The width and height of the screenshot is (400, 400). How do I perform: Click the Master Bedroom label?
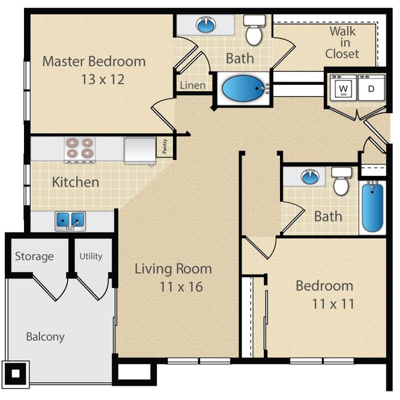[94, 62]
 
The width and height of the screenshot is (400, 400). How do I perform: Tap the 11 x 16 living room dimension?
[173, 287]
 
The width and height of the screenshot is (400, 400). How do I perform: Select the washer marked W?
[343, 88]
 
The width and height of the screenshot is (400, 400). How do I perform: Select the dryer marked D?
[372, 88]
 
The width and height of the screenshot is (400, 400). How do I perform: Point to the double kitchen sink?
[70, 220]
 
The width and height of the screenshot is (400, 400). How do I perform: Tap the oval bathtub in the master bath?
[241, 89]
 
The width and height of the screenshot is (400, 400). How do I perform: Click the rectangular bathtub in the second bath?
[372, 207]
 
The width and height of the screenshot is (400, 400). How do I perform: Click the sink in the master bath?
[206, 25]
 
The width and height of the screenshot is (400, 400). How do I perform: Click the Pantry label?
[165, 146]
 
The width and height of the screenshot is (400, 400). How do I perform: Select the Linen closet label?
[193, 86]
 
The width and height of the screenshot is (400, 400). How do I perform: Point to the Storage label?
[34, 256]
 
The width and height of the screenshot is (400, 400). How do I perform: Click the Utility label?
[90, 256]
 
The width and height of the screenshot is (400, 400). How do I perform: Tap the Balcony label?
[45, 337]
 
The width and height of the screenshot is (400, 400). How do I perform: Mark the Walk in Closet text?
[342, 42]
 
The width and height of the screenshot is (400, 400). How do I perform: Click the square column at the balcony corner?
[15, 372]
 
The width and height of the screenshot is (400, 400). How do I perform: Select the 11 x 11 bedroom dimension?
[324, 304]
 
